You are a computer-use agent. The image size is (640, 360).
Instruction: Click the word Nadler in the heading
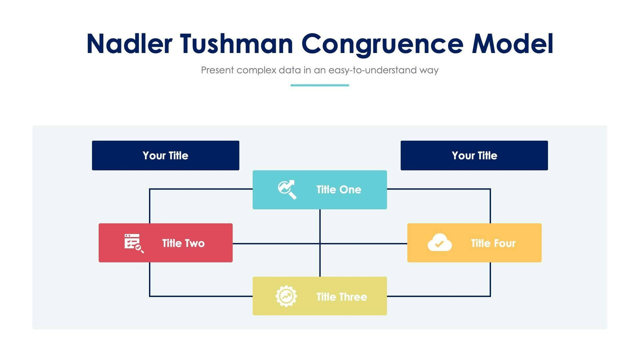(129, 44)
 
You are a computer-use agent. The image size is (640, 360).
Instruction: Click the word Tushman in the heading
(236, 44)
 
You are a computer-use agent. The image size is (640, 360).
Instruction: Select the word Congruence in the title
(382, 44)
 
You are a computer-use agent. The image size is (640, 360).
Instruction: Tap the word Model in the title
(512, 44)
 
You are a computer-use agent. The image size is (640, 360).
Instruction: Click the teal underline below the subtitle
(320, 85)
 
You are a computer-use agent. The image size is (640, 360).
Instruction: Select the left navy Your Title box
(165, 155)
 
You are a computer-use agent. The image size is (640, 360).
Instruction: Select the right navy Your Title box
(474, 155)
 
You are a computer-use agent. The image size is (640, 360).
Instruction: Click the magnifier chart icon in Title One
(287, 189)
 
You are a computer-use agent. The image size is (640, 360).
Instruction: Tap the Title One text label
(338, 189)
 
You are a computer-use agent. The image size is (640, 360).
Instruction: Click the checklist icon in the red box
(133, 243)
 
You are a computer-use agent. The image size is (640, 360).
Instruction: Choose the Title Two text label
(183, 243)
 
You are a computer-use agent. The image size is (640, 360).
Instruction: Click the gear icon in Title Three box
(286, 296)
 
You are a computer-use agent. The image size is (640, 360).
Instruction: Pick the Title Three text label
(341, 297)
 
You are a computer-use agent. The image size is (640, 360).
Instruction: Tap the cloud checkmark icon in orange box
(439, 242)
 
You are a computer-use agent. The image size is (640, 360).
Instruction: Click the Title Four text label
(493, 243)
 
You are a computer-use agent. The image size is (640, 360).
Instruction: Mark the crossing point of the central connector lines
(320, 243)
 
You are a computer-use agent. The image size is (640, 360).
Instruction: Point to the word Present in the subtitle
(217, 70)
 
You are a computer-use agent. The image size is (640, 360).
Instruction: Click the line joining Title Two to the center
(276, 243)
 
